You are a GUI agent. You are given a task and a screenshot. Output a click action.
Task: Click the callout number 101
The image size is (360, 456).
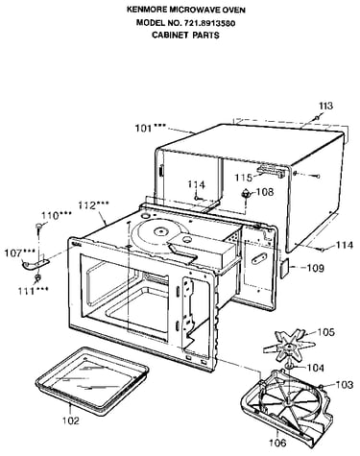[144, 129]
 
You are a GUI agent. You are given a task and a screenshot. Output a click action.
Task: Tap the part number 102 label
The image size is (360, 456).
[71, 420]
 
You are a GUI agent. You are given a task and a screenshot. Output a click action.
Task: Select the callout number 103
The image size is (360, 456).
[345, 384]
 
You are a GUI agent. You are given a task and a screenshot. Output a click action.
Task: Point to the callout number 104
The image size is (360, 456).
[316, 368]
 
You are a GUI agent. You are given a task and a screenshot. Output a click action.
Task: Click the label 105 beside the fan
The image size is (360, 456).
[325, 332]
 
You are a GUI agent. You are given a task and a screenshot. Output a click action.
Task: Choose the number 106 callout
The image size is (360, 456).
[277, 443]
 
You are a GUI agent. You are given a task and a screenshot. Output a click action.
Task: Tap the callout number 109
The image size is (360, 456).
[316, 268]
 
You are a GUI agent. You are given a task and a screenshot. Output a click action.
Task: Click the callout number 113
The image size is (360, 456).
[325, 106]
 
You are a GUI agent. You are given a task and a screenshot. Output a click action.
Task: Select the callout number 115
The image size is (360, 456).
[244, 177]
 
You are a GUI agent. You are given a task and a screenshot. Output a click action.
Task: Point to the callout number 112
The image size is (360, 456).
[87, 205]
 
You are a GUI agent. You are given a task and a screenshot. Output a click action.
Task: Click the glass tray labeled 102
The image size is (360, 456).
[92, 380]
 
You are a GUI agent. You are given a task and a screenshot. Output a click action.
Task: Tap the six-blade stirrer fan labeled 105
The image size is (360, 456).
[289, 347]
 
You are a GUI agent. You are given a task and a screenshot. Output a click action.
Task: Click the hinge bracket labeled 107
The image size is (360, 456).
[36, 264]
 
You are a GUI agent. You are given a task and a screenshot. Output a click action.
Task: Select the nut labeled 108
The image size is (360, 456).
[246, 193]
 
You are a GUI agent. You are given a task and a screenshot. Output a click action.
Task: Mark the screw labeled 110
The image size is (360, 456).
[39, 226]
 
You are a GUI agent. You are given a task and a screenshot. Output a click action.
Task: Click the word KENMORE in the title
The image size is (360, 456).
[147, 10]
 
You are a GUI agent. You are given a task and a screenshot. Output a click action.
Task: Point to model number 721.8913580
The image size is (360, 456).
[209, 23]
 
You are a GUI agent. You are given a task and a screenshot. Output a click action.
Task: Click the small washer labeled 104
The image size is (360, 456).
[290, 367]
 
